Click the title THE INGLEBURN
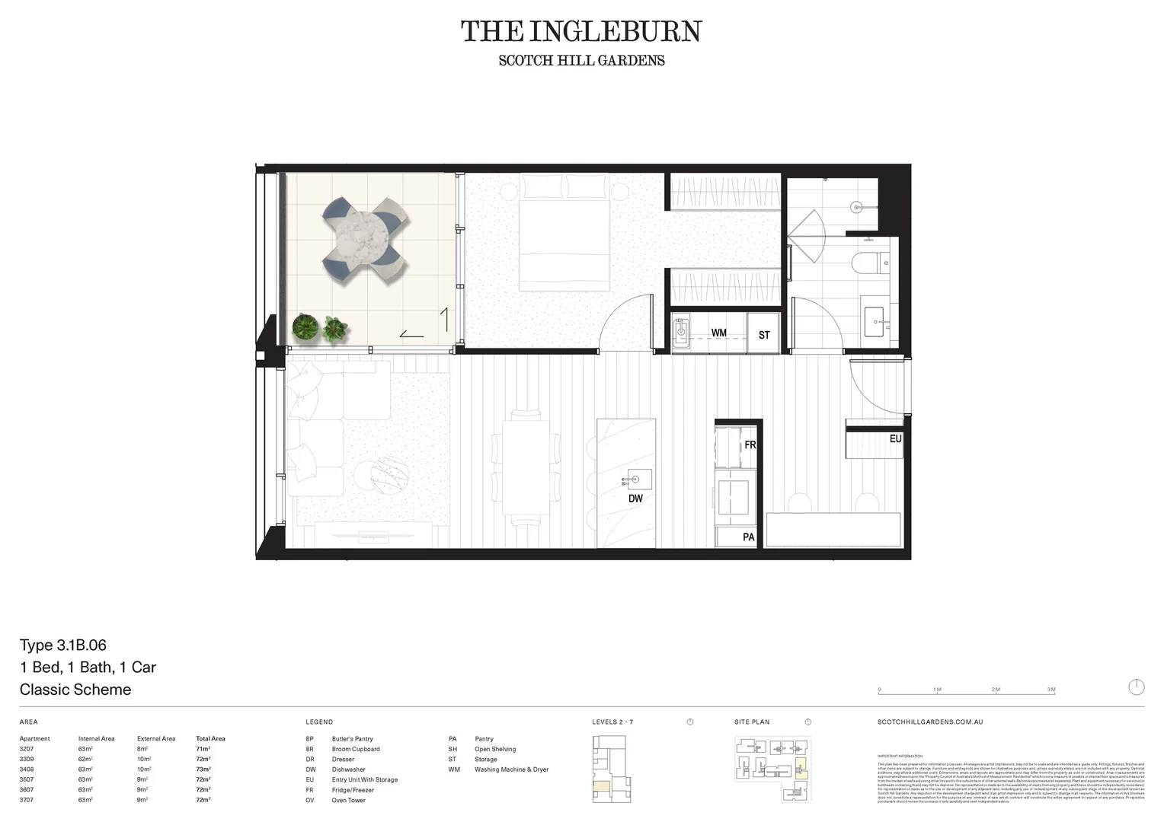tap(581, 32)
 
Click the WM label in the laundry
tap(718, 333)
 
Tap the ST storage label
tap(764, 335)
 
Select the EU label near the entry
tap(895, 439)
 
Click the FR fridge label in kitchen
tap(750, 445)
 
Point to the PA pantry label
tap(748, 537)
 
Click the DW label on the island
tap(635, 499)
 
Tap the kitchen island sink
tap(634, 480)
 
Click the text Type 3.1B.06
tap(63, 645)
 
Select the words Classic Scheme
tap(75, 690)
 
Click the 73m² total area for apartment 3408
tap(203, 769)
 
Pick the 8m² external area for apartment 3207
tap(142, 749)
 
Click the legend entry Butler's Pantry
tap(352, 739)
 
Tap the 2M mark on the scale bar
tap(996, 690)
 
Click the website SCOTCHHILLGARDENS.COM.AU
tap(930, 722)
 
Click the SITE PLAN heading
tap(752, 722)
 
